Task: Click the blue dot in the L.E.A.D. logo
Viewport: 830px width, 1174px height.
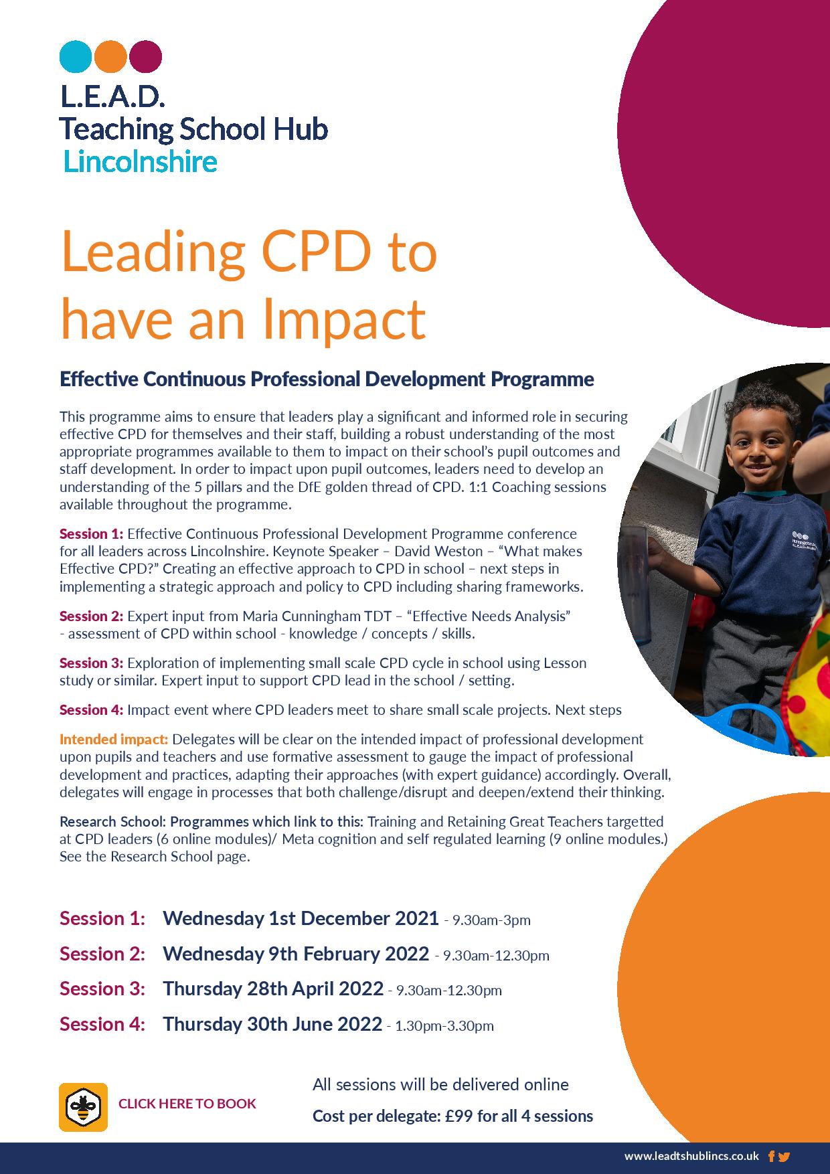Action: [76, 56]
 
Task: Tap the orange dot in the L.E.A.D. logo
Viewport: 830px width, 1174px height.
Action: [110, 56]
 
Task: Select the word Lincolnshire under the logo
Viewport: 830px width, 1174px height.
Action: [140, 162]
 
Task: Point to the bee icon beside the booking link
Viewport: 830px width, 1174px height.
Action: [84, 1106]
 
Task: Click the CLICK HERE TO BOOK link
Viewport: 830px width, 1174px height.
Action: [187, 1104]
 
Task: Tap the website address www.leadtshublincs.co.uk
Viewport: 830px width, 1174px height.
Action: [691, 1156]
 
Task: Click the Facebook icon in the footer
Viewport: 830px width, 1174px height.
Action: [772, 1156]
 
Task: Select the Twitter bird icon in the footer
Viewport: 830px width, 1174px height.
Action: [784, 1156]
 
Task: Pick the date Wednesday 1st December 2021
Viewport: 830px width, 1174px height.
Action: [301, 918]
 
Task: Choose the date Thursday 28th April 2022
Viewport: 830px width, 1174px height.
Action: [273, 989]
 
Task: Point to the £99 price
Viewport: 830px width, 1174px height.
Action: [459, 1116]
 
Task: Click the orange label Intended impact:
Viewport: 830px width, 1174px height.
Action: [114, 740]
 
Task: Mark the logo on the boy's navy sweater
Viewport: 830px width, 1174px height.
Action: [804, 540]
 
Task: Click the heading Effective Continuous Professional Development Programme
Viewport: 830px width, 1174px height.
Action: [327, 380]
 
